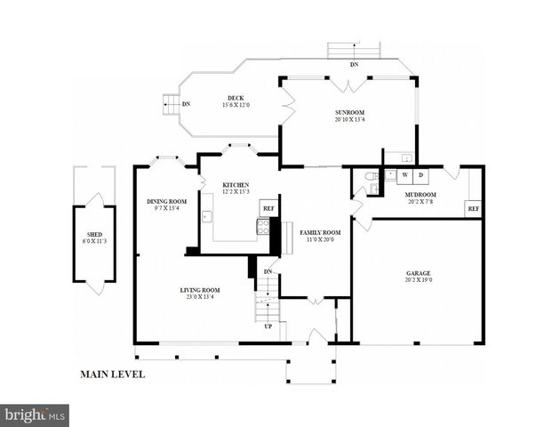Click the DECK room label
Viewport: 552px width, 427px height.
[x=235, y=98]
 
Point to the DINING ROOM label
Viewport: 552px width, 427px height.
[x=166, y=201]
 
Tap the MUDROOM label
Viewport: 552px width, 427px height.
[x=420, y=194]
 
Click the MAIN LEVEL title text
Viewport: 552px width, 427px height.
[x=112, y=375]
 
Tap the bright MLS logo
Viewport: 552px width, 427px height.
[x=35, y=415]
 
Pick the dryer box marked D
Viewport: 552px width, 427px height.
[x=420, y=175]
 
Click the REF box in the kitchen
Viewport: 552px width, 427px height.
[x=268, y=208]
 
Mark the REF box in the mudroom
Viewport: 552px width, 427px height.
[x=473, y=209]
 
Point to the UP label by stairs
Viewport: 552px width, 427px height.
[x=268, y=326]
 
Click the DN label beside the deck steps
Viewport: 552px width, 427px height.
[x=186, y=104]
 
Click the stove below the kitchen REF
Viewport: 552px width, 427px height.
[x=263, y=226]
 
